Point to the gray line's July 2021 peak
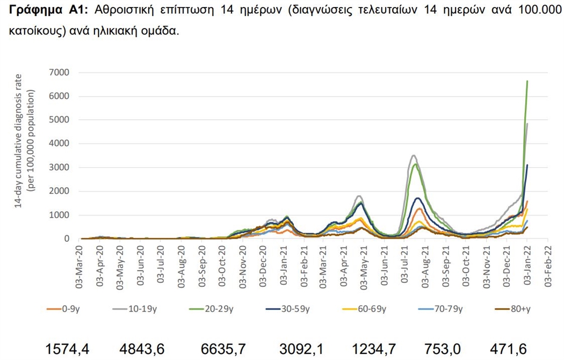pyautogui.click(x=413, y=156)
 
